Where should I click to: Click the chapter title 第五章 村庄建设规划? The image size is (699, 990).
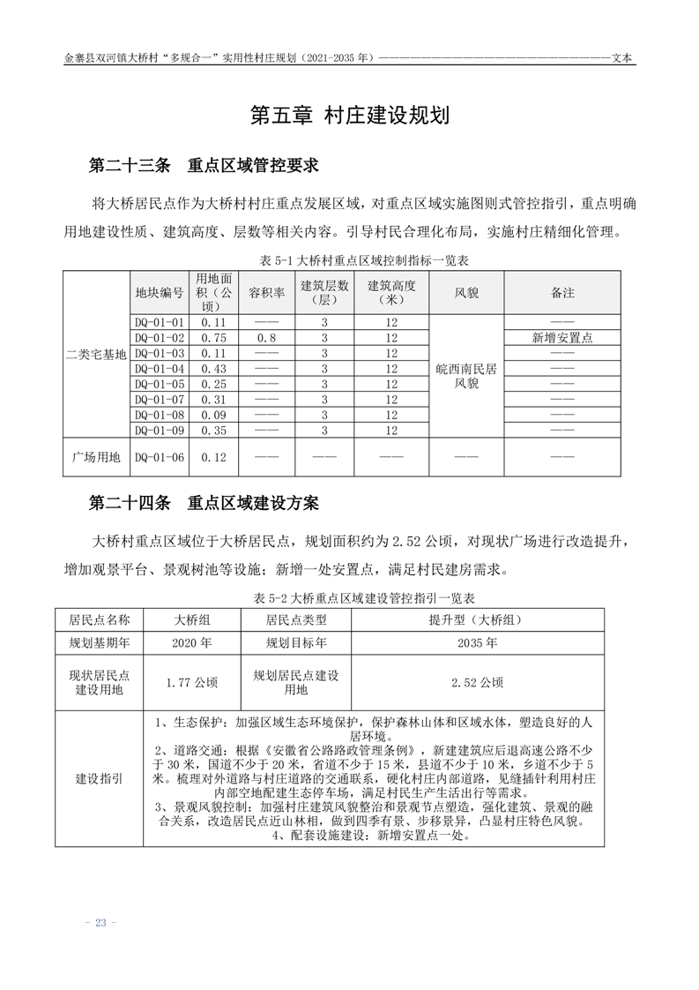coord(350,116)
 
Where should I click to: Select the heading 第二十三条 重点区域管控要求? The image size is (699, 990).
coord(204,165)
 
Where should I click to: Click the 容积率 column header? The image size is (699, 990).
coord(267,292)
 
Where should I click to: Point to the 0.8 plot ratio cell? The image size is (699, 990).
coord(267,338)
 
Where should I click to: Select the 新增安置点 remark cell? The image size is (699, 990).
coord(561,338)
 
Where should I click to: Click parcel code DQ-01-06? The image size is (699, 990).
coord(160,457)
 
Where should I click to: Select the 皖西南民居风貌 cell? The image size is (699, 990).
coord(466,376)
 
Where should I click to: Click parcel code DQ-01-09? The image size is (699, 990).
coord(160,431)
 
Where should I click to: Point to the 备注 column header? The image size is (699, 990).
coord(561,292)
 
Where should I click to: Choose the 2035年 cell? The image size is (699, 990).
coord(478,643)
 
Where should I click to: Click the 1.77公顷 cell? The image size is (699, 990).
coord(192,682)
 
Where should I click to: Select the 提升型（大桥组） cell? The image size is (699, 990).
coord(478,619)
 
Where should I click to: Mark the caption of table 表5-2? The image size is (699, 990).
coord(350,597)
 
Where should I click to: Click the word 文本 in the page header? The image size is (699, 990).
coord(623,58)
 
